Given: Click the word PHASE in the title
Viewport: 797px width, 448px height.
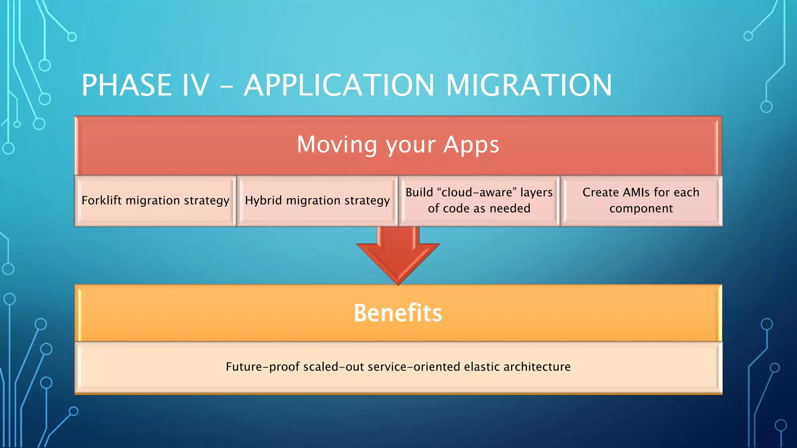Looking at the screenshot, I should click(x=126, y=85).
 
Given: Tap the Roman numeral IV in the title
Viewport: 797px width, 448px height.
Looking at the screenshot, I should click(x=195, y=85).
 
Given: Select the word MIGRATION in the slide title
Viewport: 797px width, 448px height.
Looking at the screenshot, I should click(x=529, y=85).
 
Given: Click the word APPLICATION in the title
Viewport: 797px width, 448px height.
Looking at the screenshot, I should click(x=339, y=85).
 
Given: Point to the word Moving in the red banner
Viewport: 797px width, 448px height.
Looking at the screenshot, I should click(x=337, y=145).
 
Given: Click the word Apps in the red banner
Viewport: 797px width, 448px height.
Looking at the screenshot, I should click(x=471, y=145).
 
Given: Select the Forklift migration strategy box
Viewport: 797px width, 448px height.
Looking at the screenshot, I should click(x=155, y=201).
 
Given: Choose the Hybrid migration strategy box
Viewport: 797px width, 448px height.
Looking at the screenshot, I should click(x=317, y=201).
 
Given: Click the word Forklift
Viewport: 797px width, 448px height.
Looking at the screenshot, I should click(x=102, y=200).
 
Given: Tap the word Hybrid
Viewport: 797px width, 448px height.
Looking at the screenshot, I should click(x=263, y=200).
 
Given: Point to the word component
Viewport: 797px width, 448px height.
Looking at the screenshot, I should click(x=641, y=209).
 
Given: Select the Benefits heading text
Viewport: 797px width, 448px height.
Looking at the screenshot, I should click(x=398, y=313).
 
